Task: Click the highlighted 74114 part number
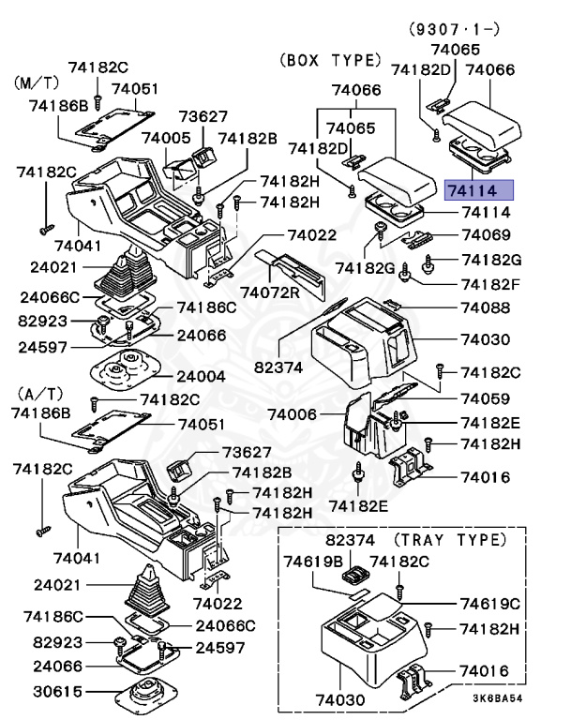(x=478, y=190)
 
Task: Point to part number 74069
(x=484, y=235)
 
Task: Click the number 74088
(x=484, y=307)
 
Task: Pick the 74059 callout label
(x=484, y=397)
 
